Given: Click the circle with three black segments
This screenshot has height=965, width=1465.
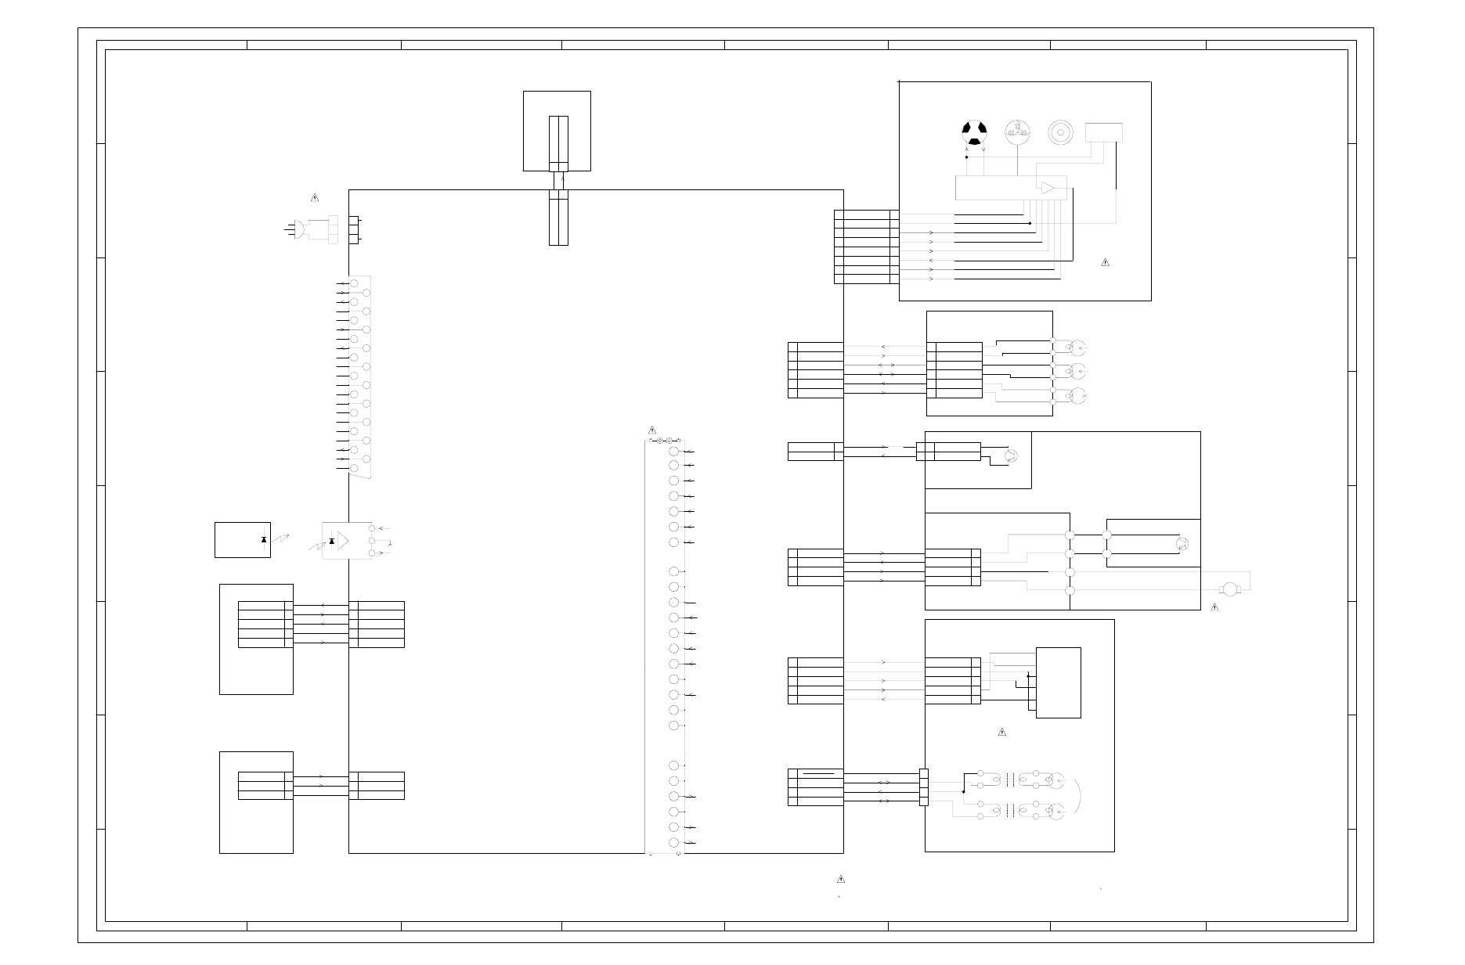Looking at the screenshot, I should tap(974, 132).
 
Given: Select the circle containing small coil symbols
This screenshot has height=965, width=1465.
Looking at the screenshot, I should tap(1018, 132).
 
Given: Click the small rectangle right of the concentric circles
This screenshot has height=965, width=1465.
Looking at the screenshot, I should tap(1104, 132).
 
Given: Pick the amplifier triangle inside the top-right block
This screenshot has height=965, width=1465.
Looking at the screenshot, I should tap(1047, 187).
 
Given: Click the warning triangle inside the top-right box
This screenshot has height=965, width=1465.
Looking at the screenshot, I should tap(1105, 262).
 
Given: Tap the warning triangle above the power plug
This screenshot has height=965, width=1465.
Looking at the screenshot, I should tap(314, 196).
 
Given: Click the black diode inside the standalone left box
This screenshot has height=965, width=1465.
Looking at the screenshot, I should tap(263, 540).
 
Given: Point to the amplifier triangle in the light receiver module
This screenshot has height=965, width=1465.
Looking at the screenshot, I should tap(341, 541).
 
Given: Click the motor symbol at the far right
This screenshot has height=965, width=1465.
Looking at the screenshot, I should tap(1229, 589).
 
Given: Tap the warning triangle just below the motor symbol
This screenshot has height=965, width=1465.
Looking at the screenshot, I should tap(1214, 607).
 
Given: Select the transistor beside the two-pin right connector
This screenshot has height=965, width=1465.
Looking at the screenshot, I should tap(1011, 455).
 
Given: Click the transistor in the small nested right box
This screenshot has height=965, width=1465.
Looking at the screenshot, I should tap(1182, 543).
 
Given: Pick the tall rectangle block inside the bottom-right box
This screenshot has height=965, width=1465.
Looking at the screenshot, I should tap(1059, 682).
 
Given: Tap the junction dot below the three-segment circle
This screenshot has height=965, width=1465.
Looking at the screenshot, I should tap(967, 157).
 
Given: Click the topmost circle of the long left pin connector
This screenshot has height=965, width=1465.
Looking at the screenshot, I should tap(354, 283).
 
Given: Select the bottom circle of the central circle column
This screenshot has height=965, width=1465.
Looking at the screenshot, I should tap(673, 843).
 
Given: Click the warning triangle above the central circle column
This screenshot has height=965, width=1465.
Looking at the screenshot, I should tap(651, 430).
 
